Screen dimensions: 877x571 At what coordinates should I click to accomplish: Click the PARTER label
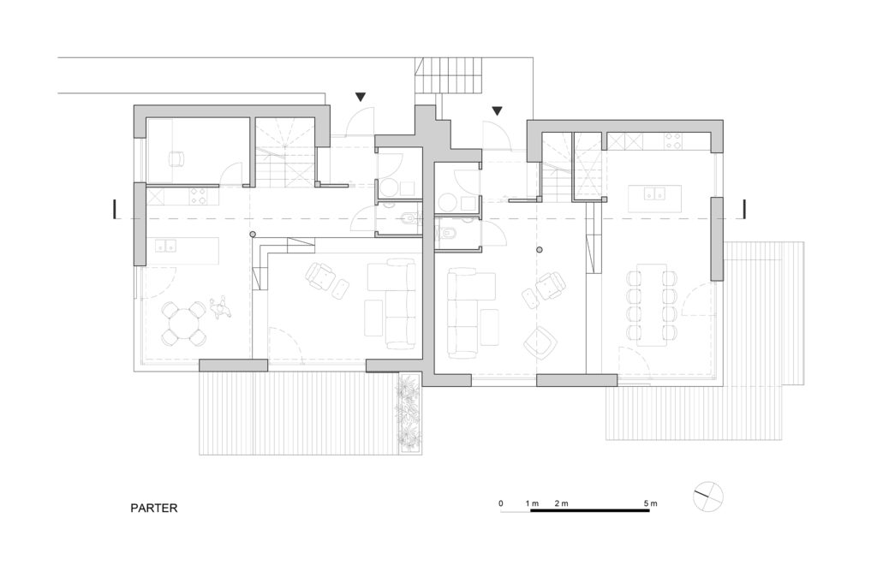154,508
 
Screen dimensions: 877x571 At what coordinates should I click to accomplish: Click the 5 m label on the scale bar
650,503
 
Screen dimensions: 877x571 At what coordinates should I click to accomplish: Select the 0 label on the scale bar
500,503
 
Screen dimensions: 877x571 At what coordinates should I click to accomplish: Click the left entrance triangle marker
361,97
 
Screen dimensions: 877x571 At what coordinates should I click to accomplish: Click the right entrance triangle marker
497,110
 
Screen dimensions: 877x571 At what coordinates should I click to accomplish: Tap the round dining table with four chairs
183,324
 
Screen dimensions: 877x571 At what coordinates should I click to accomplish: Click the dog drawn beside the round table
220,306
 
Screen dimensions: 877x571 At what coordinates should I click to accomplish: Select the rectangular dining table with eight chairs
651,305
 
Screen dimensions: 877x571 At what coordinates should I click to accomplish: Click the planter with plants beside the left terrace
409,413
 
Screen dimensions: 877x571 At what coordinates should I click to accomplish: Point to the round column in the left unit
253,235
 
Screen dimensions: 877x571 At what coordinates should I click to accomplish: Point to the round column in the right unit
540,249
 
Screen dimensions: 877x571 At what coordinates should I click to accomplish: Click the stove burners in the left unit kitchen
198,196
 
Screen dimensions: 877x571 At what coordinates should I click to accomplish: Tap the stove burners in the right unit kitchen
673,140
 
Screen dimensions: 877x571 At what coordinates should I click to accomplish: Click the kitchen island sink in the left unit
165,245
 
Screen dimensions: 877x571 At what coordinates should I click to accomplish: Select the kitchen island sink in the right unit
653,193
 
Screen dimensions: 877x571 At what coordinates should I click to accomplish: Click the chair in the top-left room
176,159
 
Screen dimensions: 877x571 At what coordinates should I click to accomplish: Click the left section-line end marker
115,209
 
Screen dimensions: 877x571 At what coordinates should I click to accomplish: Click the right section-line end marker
744,209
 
